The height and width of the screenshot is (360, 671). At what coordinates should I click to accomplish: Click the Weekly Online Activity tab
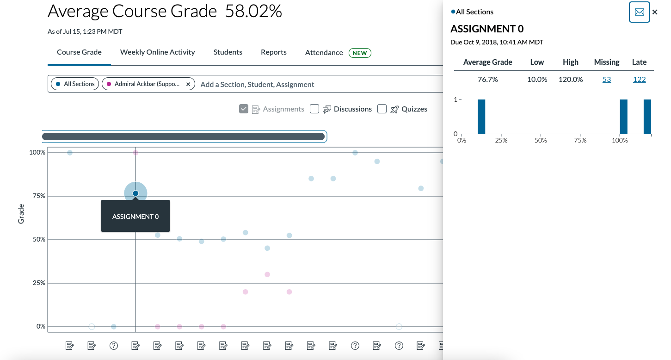[x=157, y=52]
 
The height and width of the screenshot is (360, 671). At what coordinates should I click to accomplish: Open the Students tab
[x=228, y=52]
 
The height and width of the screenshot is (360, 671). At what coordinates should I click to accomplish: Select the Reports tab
[x=273, y=52]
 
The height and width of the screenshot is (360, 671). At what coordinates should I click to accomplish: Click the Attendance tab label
[x=324, y=53]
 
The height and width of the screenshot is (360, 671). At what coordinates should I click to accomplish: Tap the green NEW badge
[x=360, y=53]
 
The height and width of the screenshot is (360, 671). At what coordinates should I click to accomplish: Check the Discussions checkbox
[x=314, y=109]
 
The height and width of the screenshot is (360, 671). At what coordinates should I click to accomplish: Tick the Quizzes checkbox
[x=382, y=109]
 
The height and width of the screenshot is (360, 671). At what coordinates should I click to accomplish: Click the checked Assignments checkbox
[x=244, y=109]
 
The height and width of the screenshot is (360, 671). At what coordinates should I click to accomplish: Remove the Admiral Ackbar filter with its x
[x=188, y=84]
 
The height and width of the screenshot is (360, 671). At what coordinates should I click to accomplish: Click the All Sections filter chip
[x=75, y=84]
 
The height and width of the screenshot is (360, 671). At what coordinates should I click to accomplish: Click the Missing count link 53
[x=607, y=80]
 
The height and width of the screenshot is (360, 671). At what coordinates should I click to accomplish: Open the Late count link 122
[x=639, y=80]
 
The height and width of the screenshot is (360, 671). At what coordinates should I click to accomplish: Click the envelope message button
[x=639, y=12]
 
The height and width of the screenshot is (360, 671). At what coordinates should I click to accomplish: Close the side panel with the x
[x=655, y=12]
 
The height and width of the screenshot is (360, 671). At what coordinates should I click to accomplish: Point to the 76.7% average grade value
[x=487, y=80]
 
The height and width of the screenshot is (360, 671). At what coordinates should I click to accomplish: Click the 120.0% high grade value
[x=570, y=80]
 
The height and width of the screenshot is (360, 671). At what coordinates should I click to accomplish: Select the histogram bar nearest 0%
[x=481, y=117]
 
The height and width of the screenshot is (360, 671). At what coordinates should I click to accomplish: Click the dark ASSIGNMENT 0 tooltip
[x=135, y=216]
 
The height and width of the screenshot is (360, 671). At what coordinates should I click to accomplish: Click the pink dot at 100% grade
[x=135, y=153]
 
